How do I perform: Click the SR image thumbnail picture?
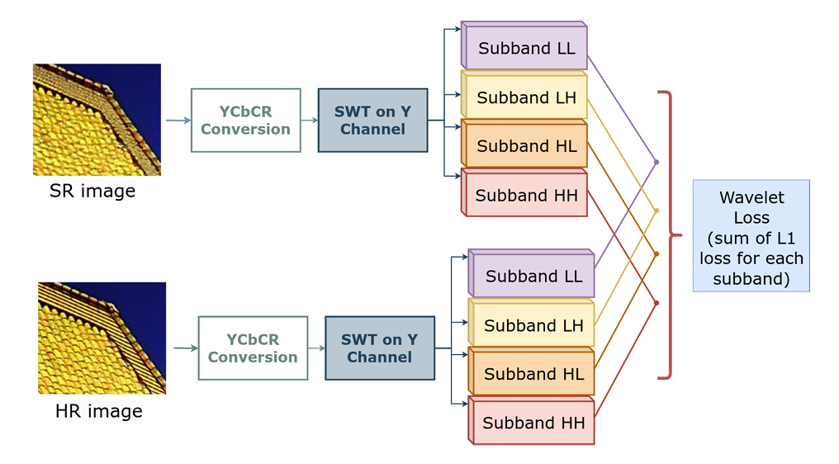[x=97, y=120]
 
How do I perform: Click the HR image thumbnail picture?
[x=102, y=338]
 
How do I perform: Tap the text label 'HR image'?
[x=98, y=411]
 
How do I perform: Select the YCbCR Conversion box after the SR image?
[x=245, y=121]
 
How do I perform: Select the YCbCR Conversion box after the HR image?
[x=253, y=348]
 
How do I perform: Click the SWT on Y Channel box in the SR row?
[x=372, y=121]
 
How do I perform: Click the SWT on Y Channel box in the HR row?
[x=380, y=348]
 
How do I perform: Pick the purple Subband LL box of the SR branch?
[x=524, y=47]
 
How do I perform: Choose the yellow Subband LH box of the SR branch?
[x=524, y=97]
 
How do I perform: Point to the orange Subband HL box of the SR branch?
[x=524, y=146]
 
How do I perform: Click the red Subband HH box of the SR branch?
[x=524, y=195]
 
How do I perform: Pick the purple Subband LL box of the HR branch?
[x=532, y=276]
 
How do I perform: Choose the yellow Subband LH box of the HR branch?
[x=532, y=324]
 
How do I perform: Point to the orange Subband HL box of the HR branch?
[x=532, y=373]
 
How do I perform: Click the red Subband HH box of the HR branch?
[x=532, y=423]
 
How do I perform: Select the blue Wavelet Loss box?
[x=751, y=235]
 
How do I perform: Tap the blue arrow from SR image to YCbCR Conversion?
[x=178, y=121]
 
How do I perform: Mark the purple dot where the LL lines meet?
[x=657, y=162]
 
